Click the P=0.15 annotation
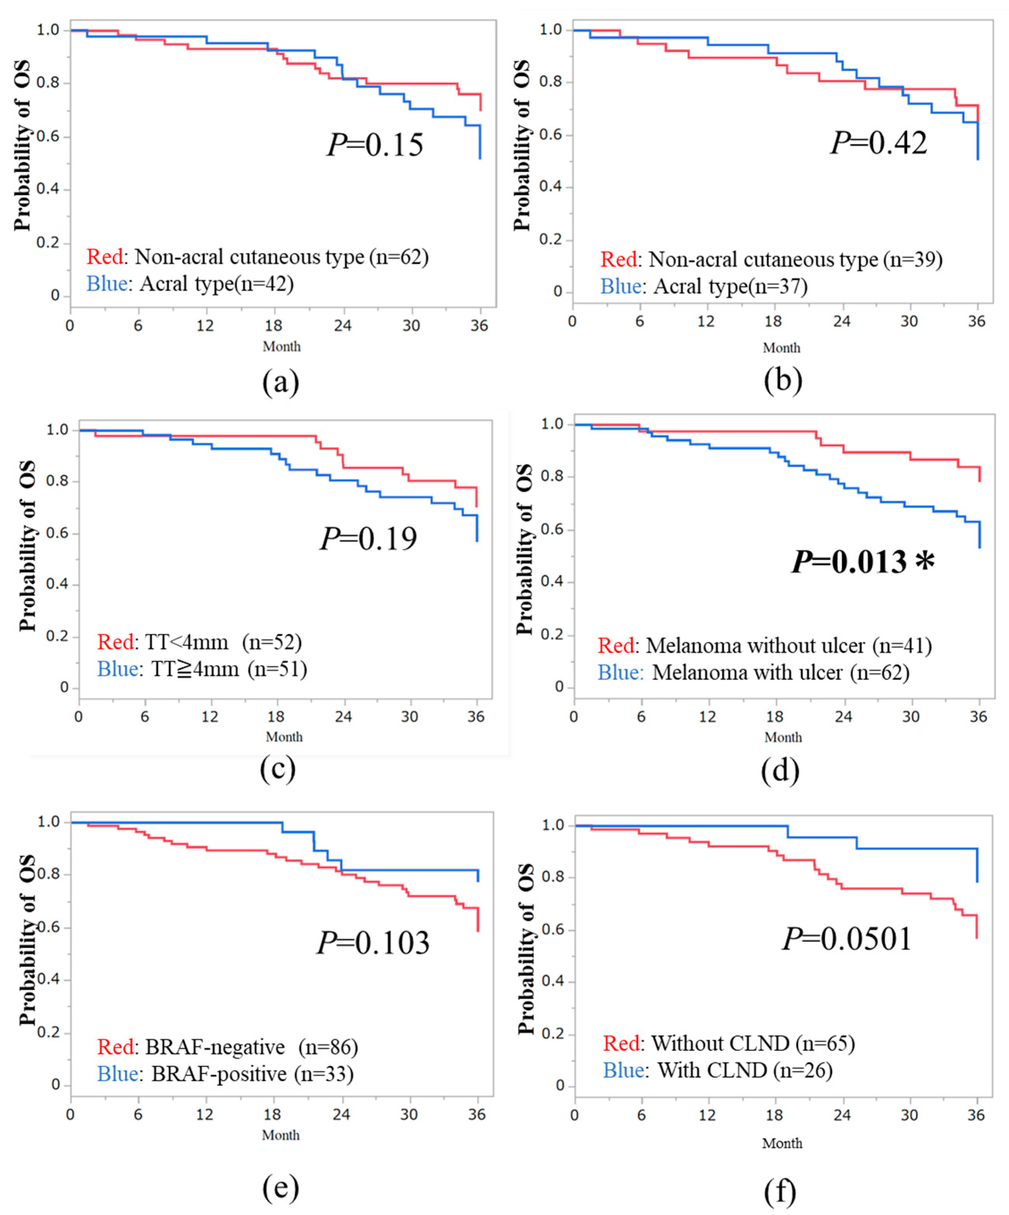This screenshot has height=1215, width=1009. (x=375, y=145)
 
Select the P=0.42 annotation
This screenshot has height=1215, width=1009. (x=878, y=143)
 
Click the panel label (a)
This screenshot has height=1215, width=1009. (x=280, y=382)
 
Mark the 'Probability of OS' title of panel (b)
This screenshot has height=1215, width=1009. (x=522, y=145)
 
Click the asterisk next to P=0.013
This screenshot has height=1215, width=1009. (x=924, y=561)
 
